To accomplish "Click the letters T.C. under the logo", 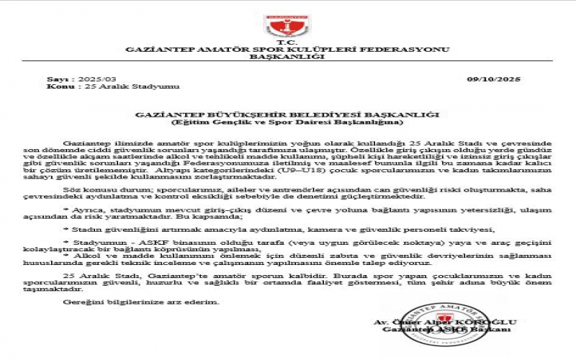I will pos(287,42).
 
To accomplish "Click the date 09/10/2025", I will pos(493,78).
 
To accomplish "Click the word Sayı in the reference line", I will pos(56,78).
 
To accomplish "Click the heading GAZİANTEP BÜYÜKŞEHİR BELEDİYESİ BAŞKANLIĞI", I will pos(287,114).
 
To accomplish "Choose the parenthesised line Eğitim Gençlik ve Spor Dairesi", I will pos(287,122).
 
